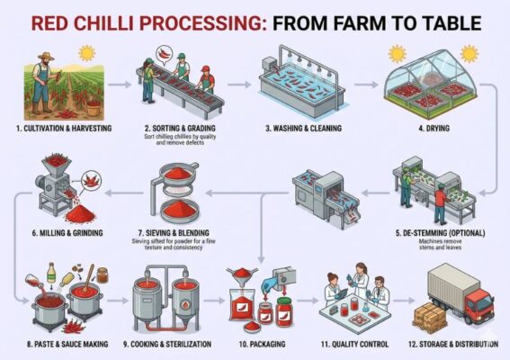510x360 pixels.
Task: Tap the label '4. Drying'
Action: click(431, 130)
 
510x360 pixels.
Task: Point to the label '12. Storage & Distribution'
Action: click(453, 345)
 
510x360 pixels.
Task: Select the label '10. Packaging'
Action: click(254, 345)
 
